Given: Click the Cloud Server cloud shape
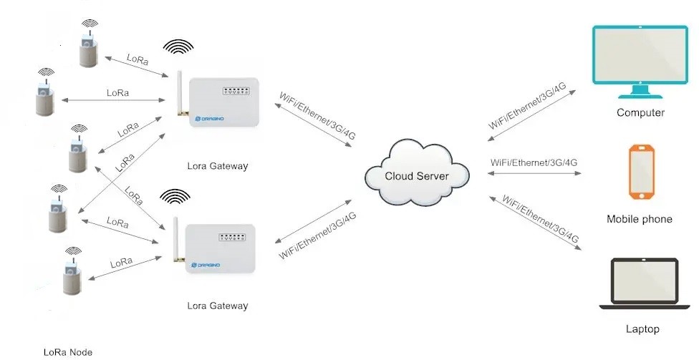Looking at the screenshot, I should point(417,175).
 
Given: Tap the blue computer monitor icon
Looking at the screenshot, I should point(640,60).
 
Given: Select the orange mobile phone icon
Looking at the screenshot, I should point(641,172).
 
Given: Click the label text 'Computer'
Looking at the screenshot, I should point(640,112).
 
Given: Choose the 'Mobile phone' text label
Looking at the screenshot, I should point(640,219).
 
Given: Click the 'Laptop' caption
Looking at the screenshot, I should point(642,329).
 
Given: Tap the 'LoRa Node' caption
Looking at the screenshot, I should point(68,351).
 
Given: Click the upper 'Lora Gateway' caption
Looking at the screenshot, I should point(217,166).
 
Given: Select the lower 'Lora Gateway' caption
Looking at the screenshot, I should point(217,306).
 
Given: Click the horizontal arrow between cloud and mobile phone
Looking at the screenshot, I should point(534,172).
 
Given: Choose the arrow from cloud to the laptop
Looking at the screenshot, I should point(534,221).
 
